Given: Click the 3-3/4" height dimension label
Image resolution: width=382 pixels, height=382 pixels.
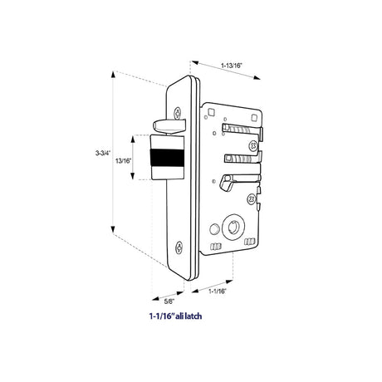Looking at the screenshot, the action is click(x=103, y=153).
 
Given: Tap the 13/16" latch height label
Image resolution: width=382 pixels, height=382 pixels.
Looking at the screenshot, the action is click(x=123, y=160).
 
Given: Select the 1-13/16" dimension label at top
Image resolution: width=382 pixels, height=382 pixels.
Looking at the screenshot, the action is click(x=232, y=66).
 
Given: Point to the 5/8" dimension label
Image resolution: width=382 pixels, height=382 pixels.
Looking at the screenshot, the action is click(x=169, y=301).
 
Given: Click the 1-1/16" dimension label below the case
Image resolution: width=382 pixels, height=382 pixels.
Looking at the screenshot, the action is click(x=218, y=291).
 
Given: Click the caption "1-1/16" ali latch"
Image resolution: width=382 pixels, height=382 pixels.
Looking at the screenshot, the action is click(x=175, y=316).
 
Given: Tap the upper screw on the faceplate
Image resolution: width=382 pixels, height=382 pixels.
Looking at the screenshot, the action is click(x=178, y=113).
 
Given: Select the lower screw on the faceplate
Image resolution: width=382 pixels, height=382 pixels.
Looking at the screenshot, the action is click(x=179, y=247).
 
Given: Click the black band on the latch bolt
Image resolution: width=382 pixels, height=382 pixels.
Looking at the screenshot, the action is click(x=167, y=158).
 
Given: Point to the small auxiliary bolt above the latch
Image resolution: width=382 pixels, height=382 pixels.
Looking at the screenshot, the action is click(x=169, y=126).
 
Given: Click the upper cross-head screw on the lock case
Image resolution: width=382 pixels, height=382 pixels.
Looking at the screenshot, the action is click(x=253, y=145).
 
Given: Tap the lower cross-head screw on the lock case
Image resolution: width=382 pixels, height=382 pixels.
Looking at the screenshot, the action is click(x=252, y=198).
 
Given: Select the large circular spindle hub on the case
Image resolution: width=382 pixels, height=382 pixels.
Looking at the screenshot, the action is click(x=233, y=228).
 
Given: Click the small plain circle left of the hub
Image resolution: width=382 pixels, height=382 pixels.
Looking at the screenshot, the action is click(x=214, y=229).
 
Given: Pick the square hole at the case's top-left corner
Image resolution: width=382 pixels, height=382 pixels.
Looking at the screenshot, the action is click(x=212, y=112).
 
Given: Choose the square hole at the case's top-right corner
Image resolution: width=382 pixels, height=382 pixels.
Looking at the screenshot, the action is click(x=254, y=118).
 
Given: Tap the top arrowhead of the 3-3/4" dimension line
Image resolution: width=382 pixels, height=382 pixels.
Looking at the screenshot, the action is click(x=113, y=75).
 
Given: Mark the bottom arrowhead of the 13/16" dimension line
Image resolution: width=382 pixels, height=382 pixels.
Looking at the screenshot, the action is click(x=133, y=176).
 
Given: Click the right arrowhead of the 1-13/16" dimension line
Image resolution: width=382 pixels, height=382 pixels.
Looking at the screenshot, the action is click(x=257, y=77).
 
